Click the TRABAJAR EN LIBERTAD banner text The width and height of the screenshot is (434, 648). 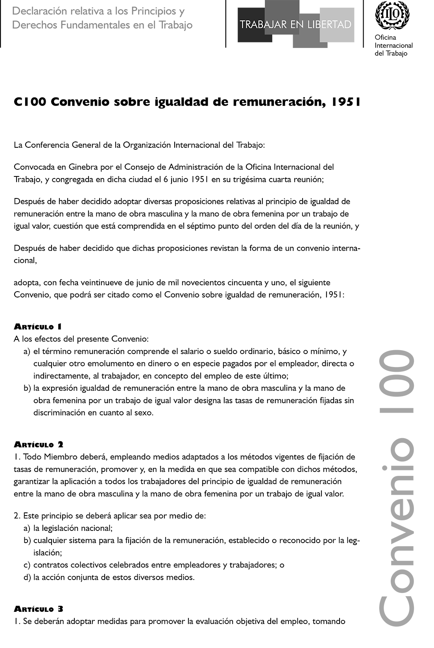tap(295, 25)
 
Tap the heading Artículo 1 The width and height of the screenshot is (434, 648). tap(38, 327)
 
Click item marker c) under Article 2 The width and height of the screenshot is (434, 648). tap(27, 565)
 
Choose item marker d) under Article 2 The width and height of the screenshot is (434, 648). tap(27, 577)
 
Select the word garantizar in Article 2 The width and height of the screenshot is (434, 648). tap(31, 481)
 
